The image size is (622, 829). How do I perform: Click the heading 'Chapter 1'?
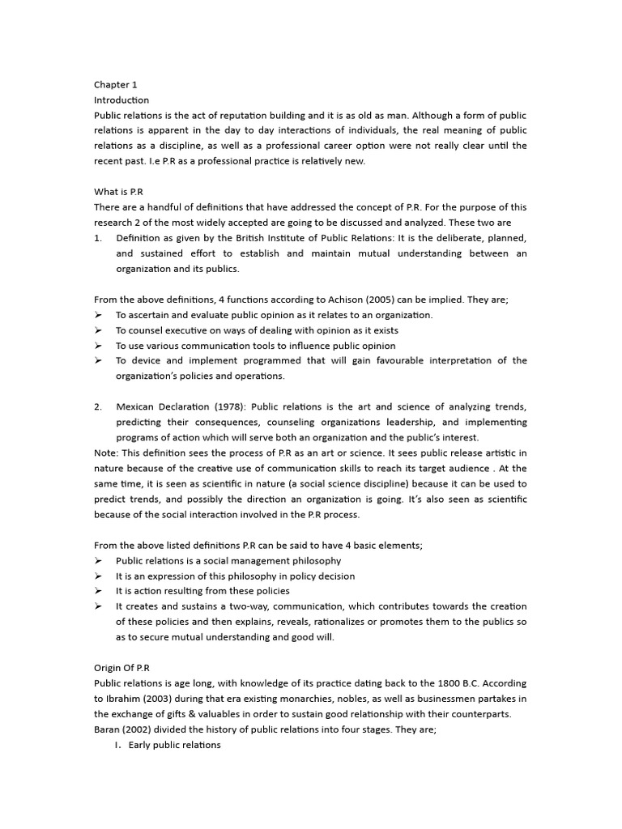point(116,84)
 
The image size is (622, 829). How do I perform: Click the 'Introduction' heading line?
point(121,100)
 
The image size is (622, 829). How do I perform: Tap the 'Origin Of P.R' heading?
point(121,668)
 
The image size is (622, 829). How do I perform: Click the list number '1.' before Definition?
point(98,238)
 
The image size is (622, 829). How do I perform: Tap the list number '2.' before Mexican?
point(98,406)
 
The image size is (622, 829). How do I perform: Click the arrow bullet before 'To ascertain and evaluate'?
point(98,315)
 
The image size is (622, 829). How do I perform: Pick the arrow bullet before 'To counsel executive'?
point(98,330)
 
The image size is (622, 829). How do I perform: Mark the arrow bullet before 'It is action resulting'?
point(98,591)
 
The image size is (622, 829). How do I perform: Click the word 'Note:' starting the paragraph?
point(107,453)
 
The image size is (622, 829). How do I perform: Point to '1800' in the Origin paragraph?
point(453,683)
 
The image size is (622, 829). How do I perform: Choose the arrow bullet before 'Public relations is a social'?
point(98,560)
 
